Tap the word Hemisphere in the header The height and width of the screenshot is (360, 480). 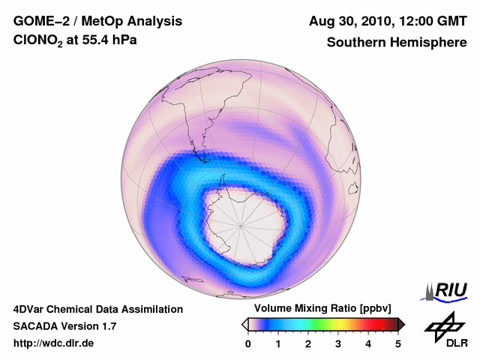coord(429,43)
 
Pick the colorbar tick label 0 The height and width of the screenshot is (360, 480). coord(248,343)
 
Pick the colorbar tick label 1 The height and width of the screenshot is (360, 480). coord(278,343)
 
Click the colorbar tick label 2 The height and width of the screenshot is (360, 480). coord(308,343)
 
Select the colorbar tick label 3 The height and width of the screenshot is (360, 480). coord(338,343)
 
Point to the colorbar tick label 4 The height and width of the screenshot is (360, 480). coord(368,343)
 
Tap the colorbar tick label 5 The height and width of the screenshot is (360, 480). coord(398,343)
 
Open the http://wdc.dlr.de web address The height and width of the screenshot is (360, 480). coord(54,343)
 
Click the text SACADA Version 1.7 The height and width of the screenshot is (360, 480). coord(64,326)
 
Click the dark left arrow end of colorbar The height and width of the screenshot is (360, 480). coord(244,324)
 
